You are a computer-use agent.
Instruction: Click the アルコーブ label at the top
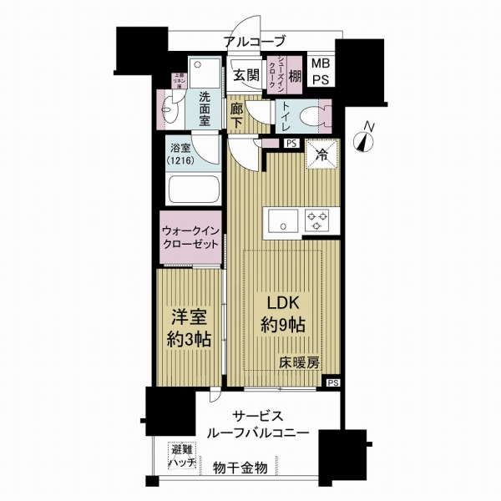256,42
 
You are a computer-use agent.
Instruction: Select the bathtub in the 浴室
193,190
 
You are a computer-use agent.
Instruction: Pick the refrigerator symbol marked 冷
321,153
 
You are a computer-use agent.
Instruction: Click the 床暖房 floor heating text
297,364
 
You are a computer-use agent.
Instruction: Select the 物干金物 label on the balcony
240,468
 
